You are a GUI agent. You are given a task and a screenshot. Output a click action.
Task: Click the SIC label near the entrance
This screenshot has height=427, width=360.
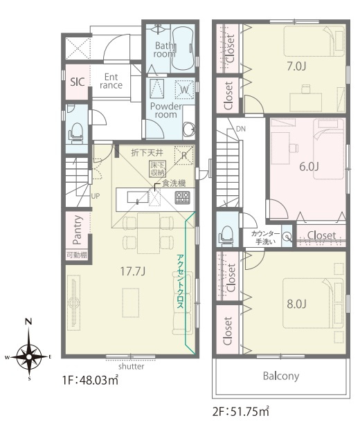tap(78, 82)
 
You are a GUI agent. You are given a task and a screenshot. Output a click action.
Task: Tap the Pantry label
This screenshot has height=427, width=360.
tap(78, 230)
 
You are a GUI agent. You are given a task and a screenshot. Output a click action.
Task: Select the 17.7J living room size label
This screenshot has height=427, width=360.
tap(133, 271)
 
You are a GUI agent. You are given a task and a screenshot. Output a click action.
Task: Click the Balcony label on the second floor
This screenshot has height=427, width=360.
tap(281, 376)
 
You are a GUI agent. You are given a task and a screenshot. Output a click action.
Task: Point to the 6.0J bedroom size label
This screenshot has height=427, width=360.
tap(309, 166)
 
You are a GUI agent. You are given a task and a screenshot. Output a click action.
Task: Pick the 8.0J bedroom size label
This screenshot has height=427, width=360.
tap(296, 304)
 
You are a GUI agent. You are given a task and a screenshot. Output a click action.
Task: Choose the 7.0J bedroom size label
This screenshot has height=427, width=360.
tap(296, 66)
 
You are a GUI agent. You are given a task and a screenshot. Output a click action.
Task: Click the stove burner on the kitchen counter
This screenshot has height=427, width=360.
tap(182, 197)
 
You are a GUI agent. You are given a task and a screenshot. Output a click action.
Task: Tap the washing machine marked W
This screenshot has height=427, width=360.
tap(184, 89)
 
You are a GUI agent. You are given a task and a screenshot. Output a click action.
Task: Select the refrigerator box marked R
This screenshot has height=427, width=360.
tap(184, 155)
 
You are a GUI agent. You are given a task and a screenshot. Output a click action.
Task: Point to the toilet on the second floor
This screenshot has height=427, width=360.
tap(226, 235)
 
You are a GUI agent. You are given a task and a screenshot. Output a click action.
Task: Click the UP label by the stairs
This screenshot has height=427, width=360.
tap(96, 196)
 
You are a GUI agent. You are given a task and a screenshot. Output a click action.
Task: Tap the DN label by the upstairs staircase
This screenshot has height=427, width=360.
tap(241, 129)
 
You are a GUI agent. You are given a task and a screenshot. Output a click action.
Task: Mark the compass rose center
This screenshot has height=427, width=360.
tap(28, 356)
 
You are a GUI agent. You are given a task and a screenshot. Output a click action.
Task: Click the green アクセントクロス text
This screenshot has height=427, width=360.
tap(180, 281)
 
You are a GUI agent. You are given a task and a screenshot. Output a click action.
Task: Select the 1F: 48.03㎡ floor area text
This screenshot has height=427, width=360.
tap(90, 381)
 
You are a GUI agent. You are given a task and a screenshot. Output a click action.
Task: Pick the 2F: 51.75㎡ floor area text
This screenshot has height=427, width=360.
tap(241, 412)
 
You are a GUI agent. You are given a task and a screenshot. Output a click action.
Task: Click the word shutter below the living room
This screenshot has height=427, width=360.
tap(131, 366)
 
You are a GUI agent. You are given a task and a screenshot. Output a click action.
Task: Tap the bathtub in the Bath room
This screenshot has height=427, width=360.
tap(183, 46)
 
